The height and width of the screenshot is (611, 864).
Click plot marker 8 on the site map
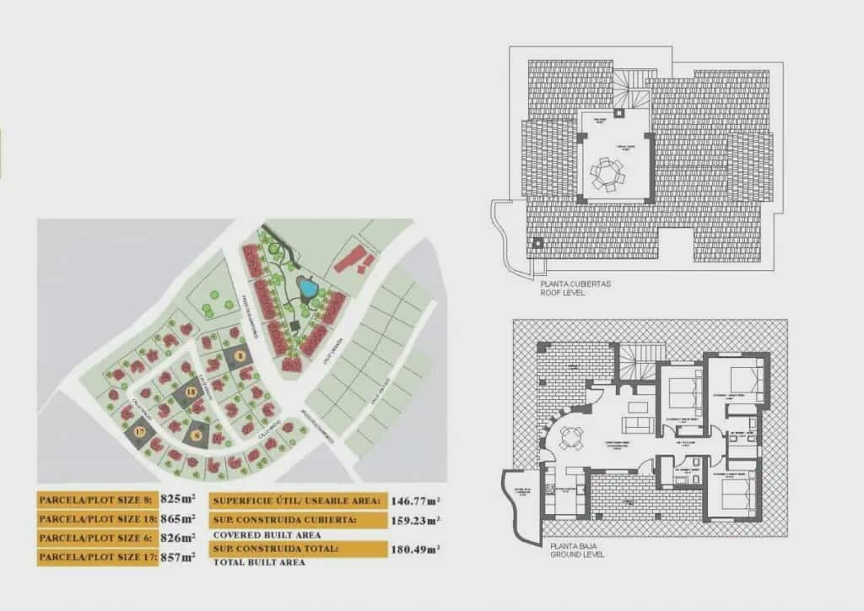240,357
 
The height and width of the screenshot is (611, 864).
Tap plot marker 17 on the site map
139,432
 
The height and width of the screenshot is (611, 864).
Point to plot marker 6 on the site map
197,434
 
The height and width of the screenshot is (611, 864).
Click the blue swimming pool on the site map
308,289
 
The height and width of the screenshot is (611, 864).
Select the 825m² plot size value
178,499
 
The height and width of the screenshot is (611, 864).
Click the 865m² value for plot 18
178,518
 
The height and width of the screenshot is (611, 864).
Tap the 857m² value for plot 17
178,557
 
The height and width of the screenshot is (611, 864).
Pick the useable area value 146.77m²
416,500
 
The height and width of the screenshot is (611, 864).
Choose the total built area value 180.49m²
416,550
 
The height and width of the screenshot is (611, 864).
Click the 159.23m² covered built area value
416,520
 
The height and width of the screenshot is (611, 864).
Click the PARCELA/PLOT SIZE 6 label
95,538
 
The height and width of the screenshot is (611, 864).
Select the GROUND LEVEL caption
577,555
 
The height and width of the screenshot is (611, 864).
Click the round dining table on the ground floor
571,436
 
